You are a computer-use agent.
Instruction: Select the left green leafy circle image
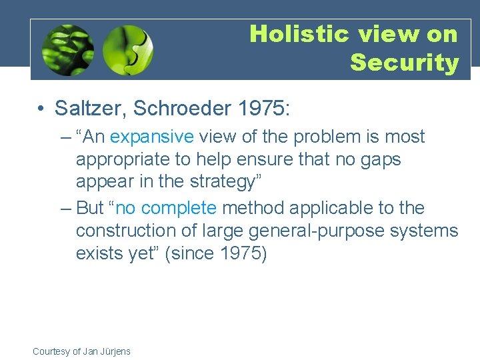(67, 50)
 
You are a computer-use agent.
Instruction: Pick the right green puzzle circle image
(128, 50)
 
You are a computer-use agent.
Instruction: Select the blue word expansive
(151, 137)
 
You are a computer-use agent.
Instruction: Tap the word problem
(318, 137)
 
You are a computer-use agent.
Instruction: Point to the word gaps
(378, 160)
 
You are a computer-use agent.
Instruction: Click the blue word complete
(179, 208)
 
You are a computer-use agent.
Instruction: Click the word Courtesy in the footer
(51, 351)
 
